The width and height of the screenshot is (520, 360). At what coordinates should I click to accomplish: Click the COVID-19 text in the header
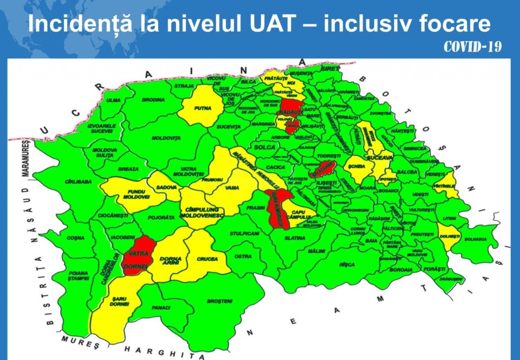pos(472,47)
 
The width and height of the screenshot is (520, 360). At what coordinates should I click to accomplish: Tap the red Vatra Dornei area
pos(139,256)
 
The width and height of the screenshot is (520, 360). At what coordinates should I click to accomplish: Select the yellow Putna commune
pos(201,108)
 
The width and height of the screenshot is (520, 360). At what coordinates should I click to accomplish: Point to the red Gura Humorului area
pos(277,209)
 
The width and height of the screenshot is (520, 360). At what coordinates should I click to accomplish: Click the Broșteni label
pos(219,301)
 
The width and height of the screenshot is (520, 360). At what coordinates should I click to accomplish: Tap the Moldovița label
pos(166,138)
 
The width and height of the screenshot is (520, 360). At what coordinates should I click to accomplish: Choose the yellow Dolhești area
pos(450,236)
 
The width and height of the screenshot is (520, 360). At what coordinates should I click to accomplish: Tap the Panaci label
pos(162,307)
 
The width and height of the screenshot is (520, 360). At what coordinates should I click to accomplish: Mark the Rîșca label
pos(347,265)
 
